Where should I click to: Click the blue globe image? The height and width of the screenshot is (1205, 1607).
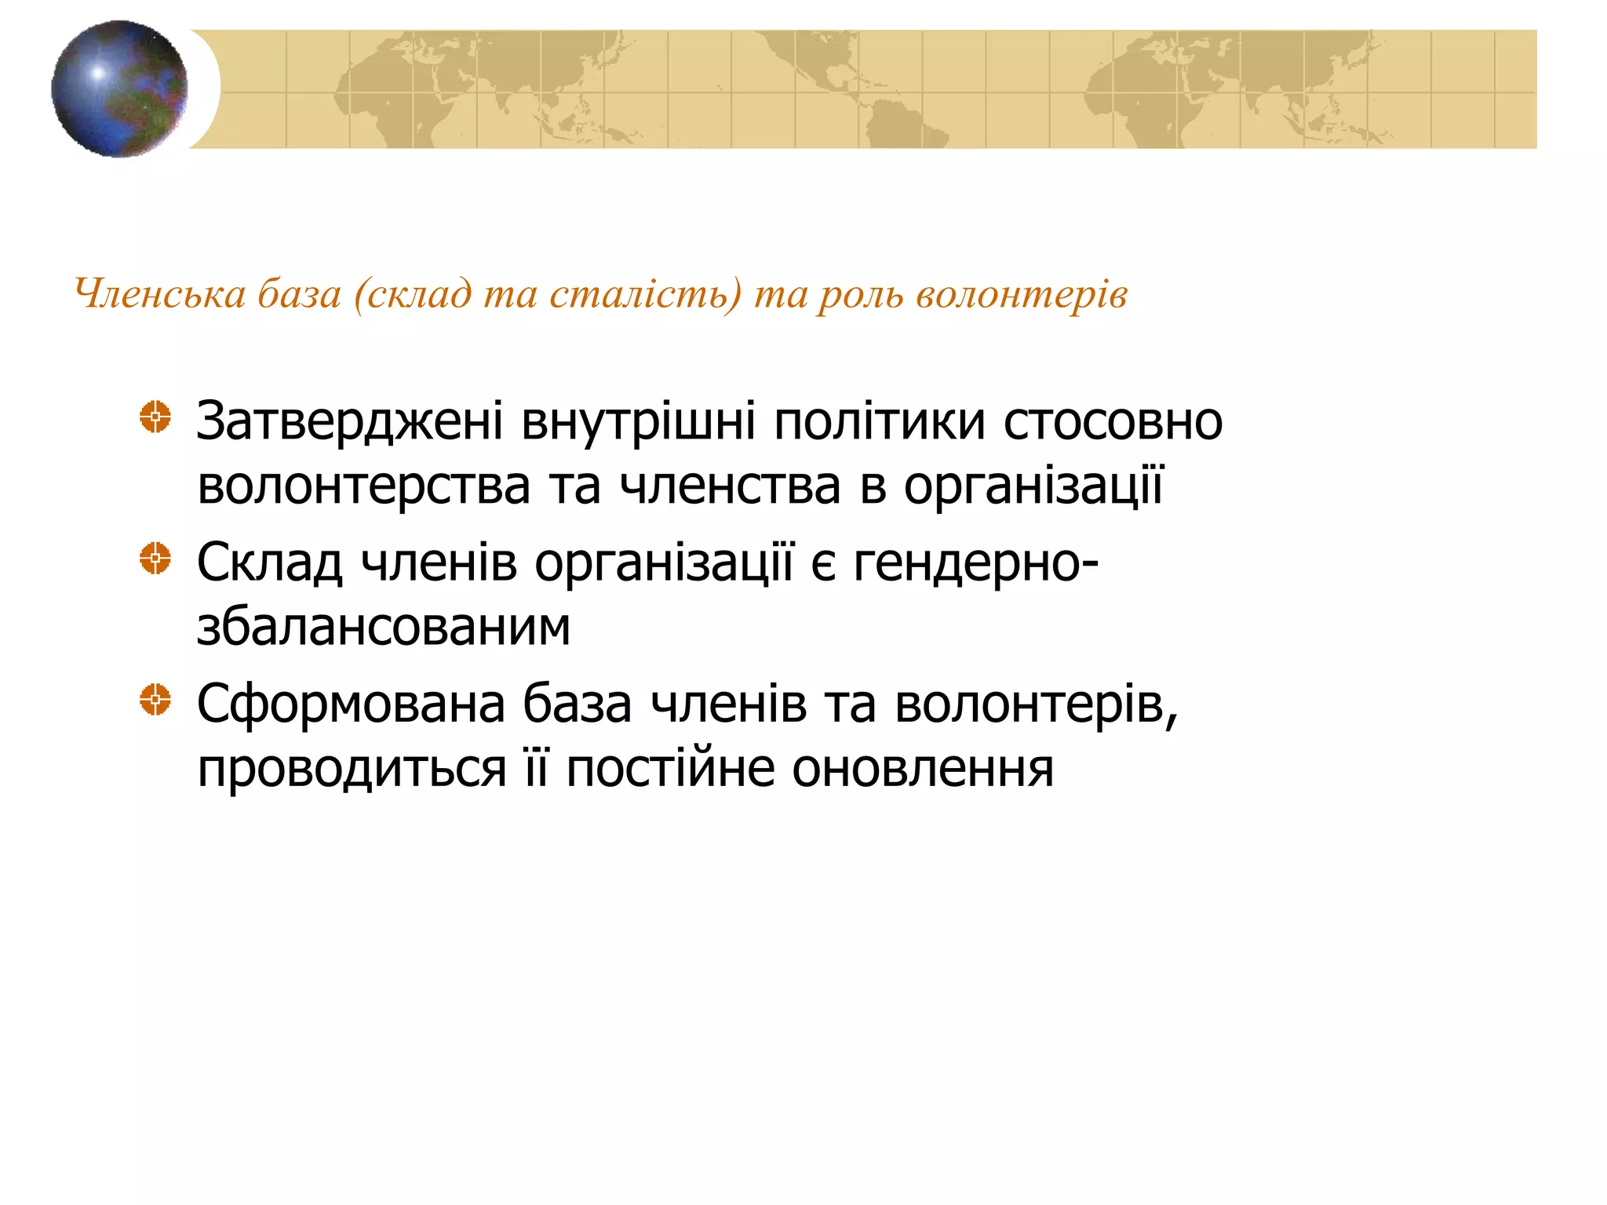[x=119, y=89]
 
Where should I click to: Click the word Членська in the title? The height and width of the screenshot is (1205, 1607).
[x=160, y=294]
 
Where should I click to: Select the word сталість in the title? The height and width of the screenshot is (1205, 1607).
[x=643, y=294]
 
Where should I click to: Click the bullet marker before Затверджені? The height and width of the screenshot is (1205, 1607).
[x=155, y=417]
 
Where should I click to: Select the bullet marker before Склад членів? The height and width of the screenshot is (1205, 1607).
[x=155, y=559]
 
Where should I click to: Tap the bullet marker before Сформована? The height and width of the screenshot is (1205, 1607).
[x=155, y=699]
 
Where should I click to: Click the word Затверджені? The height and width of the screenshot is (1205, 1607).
[x=349, y=422]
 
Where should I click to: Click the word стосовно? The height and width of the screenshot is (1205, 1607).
[x=1113, y=422]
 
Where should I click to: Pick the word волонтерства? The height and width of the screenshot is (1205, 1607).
[x=363, y=486]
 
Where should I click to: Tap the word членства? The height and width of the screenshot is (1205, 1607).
[x=730, y=486]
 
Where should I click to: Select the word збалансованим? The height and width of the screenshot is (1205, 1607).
[x=383, y=628]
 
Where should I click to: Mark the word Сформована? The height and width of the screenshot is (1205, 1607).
[x=351, y=704]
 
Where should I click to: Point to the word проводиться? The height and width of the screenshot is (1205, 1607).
[x=352, y=769]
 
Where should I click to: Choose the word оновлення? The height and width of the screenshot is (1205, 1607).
[x=922, y=769]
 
